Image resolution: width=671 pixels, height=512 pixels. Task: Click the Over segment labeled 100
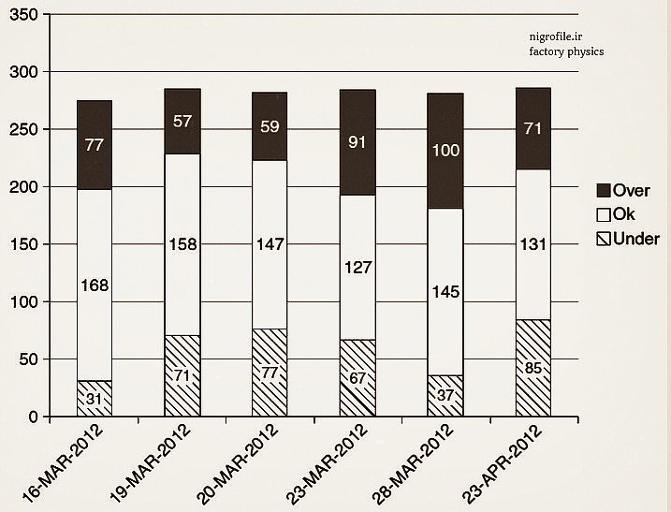pyautogui.click(x=445, y=150)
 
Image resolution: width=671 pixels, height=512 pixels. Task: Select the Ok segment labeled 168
pyautogui.click(x=95, y=285)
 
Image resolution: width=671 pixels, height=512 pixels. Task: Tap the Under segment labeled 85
pyautogui.click(x=533, y=368)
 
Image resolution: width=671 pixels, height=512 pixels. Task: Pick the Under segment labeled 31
pyautogui.click(x=95, y=398)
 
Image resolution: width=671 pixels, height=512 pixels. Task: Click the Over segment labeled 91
pyautogui.click(x=357, y=142)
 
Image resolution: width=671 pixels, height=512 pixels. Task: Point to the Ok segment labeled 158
pyautogui.click(x=182, y=244)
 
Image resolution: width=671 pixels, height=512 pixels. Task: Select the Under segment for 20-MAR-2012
pyautogui.click(x=270, y=372)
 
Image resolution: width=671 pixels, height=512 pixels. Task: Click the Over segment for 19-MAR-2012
pyautogui.click(x=182, y=121)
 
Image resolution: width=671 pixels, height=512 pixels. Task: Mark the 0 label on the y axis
pyautogui.click(x=32, y=417)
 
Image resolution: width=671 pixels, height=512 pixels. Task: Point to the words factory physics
pyautogui.click(x=565, y=51)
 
